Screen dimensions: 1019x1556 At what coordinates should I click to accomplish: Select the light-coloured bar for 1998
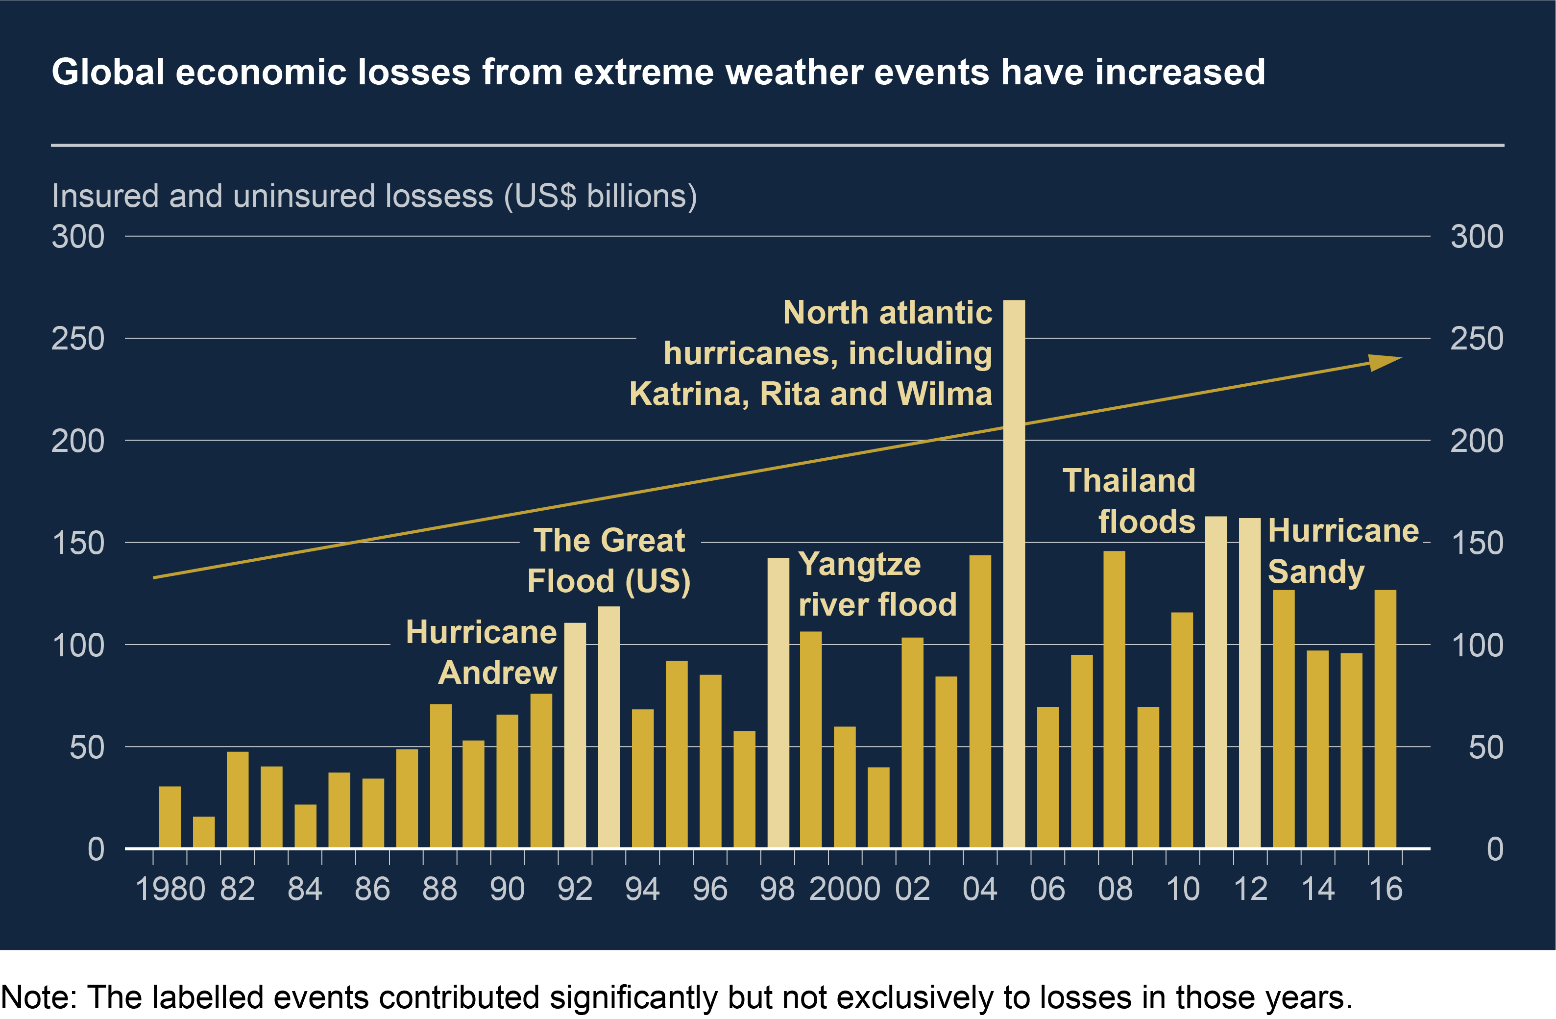point(778,702)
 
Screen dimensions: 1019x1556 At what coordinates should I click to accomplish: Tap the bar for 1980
point(170,817)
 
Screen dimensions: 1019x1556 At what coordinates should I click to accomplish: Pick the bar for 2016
point(1386,719)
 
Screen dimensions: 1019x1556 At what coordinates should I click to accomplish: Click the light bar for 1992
point(575,735)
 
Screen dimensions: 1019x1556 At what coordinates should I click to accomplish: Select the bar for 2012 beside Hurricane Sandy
point(1249,683)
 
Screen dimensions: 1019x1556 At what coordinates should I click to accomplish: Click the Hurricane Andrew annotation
point(482,652)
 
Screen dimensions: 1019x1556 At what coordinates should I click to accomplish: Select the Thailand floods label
point(1129,501)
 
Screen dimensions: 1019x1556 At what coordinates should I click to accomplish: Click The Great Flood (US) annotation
point(608,561)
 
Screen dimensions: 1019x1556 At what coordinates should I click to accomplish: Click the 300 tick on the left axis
point(78,237)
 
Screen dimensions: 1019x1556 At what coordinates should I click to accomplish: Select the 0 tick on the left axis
point(96,849)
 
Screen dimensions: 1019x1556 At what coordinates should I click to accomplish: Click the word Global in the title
point(108,72)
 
